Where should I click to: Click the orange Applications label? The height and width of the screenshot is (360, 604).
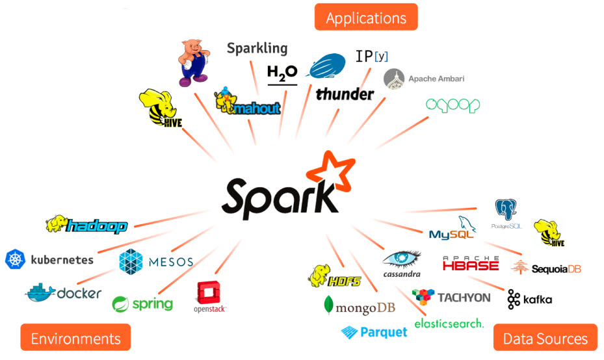pyautogui.click(x=365, y=17)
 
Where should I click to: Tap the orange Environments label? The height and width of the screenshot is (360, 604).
pyautogui.click(x=75, y=338)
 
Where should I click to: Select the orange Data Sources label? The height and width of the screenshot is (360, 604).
pyautogui.click(x=545, y=338)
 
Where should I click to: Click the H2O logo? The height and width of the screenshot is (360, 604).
pyautogui.click(x=282, y=73)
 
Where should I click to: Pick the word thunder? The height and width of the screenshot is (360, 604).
pyautogui.click(x=345, y=94)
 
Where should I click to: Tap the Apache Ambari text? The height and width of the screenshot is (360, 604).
pyautogui.click(x=436, y=79)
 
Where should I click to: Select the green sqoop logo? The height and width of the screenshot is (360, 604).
pyautogui.click(x=453, y=105)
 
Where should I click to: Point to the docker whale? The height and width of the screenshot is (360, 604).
pyautogui.click(x=40, y=292)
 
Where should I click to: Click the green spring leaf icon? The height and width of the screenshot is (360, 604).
pyautogui.click(x=121, y=303)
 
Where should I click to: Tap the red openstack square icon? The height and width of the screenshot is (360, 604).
pyautogui.click(x=209, y=293)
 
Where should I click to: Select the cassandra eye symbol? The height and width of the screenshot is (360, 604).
pyautogui.click(x=402, y=259)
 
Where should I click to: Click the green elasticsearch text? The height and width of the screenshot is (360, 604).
pyautogui.click(x=449, y=322)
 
